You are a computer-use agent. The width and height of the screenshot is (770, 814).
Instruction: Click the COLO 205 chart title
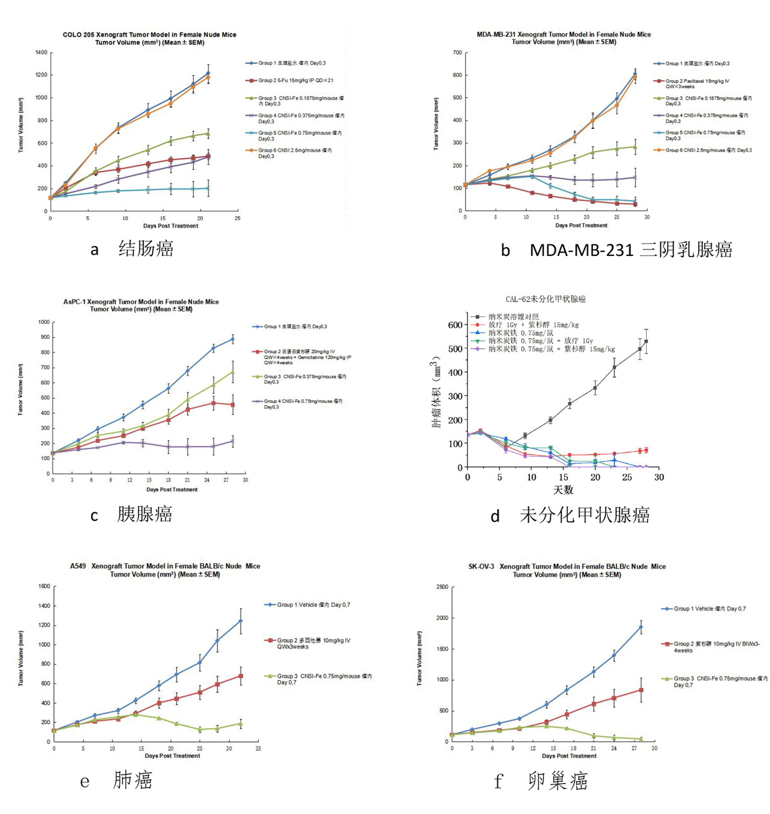pos(150,35)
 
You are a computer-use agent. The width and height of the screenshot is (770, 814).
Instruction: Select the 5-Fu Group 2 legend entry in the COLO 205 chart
pos(295,81)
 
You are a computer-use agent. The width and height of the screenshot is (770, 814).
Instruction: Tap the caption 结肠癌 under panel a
pos(146,249)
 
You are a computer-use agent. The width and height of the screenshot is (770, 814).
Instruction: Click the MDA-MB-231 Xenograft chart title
pos(563,35)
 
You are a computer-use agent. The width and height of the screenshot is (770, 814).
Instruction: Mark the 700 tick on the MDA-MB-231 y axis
pos(456,53)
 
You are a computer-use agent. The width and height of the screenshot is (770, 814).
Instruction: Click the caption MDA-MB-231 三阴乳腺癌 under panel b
pos(631,250)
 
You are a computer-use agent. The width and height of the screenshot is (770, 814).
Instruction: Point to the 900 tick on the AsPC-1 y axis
pos(44,337)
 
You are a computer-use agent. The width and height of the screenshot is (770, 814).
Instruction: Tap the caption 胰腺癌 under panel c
pos(144,514)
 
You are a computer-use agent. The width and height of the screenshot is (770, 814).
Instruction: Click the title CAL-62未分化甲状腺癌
pos(545,299)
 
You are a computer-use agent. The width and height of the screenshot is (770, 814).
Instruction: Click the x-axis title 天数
pos(563,491)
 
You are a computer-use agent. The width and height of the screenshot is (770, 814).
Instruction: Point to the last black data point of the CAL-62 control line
pos(646,341)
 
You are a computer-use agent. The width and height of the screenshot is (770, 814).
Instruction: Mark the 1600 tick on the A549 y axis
pos(44,586)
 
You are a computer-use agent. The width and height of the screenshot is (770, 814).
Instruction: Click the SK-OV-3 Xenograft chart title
pos(567,566)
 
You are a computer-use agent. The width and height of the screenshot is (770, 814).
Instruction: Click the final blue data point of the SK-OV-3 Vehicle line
pos(640,627)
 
